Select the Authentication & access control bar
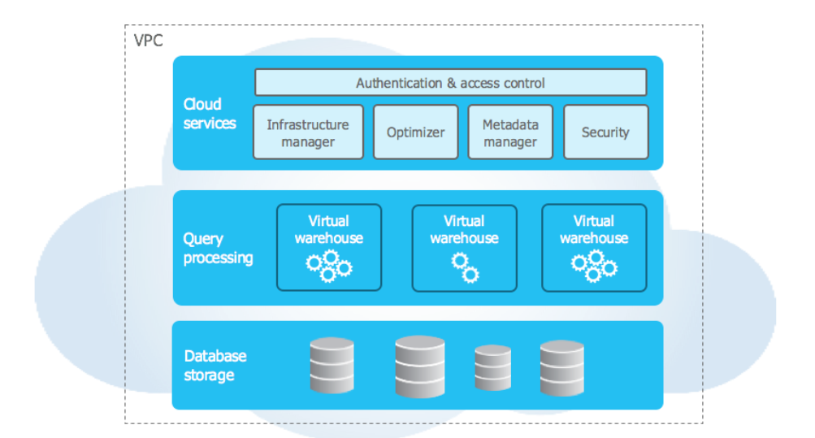[450, 83]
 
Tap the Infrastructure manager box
[308, 132]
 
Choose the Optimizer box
[416, 132]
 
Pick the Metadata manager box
[510, 132]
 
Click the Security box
[605, 132]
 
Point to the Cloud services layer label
[210, 114]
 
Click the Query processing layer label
[218, 248]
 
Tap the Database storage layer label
[215, 366]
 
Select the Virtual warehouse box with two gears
[464, 248]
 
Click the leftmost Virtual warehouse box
[328, 248]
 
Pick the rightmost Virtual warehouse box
[594, 248]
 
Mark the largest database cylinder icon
[420, 366]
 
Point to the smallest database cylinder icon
[493, 367]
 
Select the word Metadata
[510, 124]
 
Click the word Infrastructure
[308, 124]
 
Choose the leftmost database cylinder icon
[332, 366]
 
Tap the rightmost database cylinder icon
[562, 367]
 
